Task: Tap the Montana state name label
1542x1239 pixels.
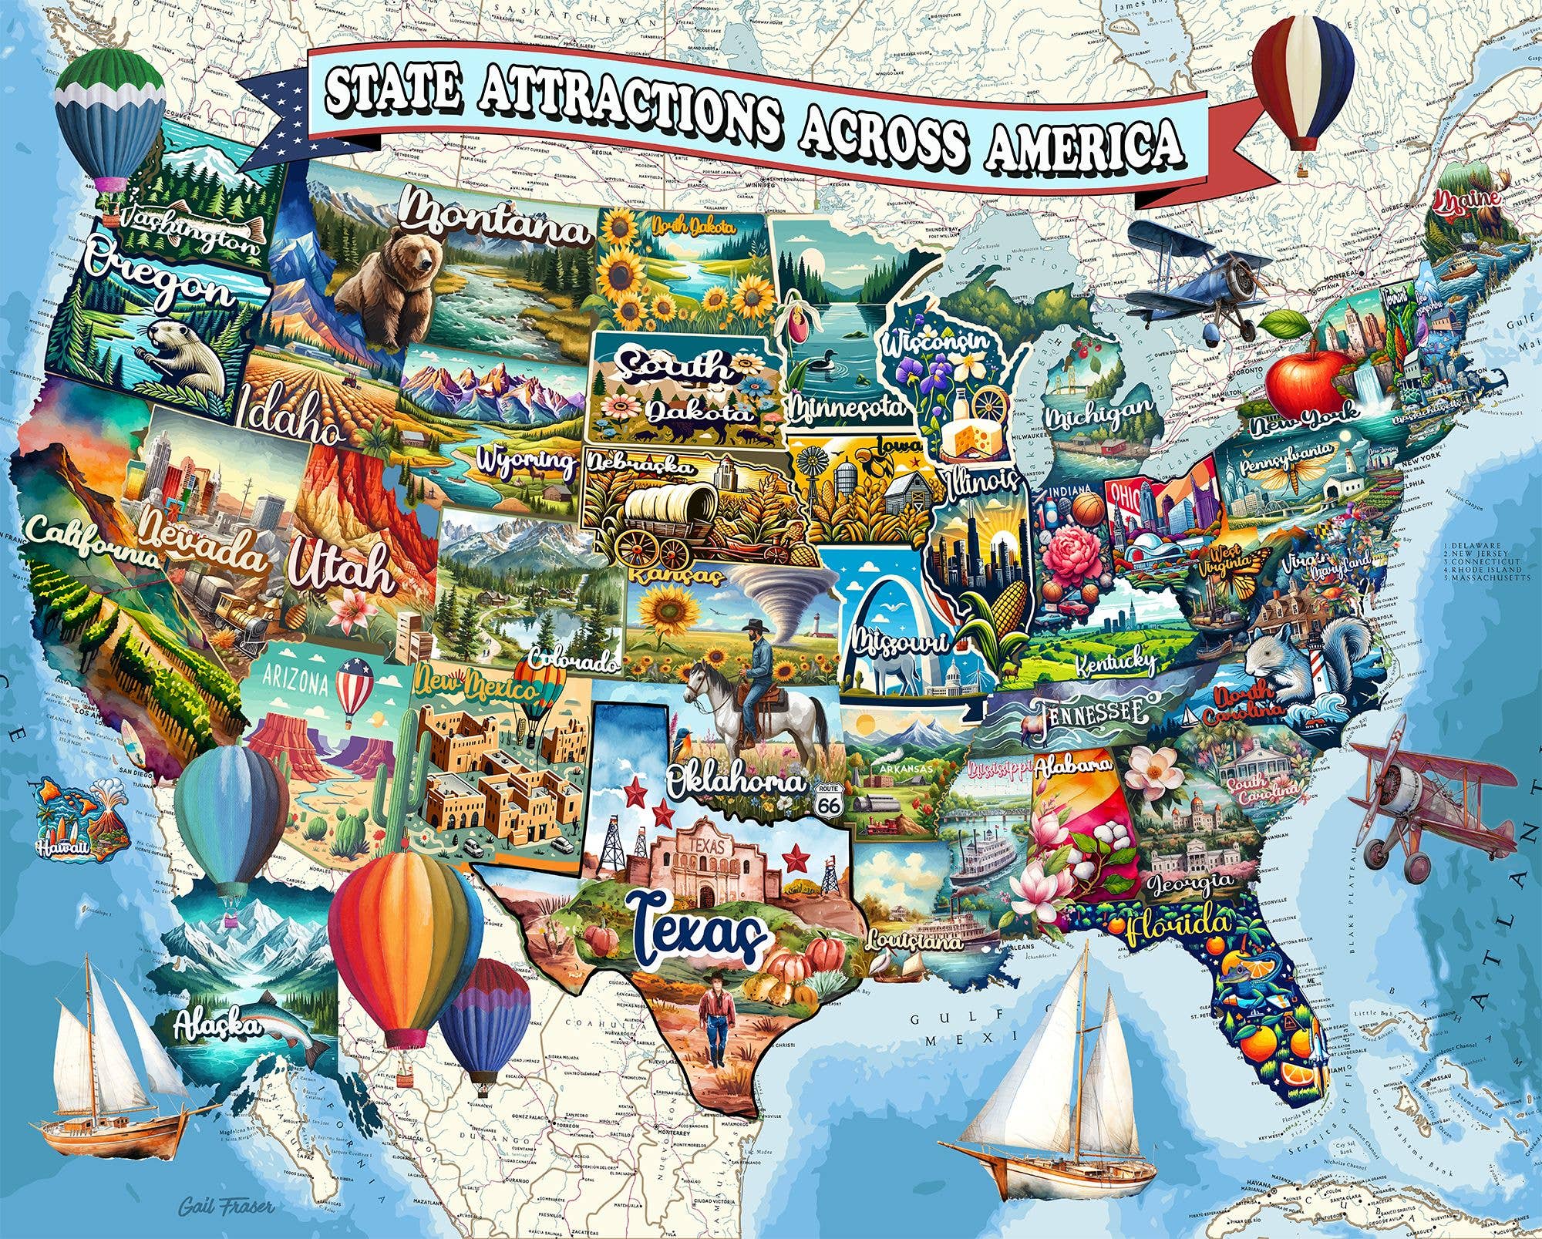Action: tap(493, 214)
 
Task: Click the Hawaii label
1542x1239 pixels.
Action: tap(62, 848)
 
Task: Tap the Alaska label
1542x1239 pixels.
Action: tap(217, 1025)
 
